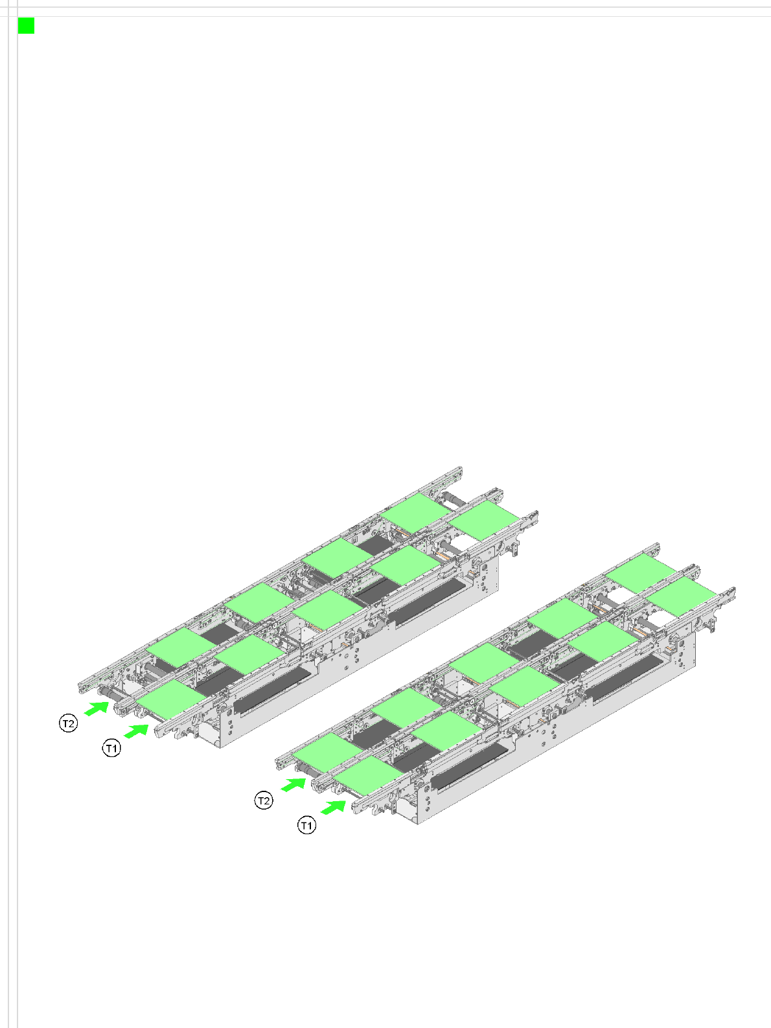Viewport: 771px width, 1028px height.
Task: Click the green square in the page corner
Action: [26, 26]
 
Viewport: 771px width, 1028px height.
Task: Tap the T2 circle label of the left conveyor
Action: [68, 723]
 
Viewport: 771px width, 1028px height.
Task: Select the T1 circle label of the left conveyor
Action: [111, 748]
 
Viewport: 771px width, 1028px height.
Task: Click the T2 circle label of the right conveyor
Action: [264, 800]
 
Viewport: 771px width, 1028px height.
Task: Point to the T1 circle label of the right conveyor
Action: [306, 825]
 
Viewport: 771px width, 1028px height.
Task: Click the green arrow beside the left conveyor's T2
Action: [97, 708]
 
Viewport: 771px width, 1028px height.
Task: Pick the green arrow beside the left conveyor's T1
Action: [136, 730]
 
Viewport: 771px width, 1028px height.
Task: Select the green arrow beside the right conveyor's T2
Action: [293, 785]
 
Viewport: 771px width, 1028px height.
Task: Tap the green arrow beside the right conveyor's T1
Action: [333, 808]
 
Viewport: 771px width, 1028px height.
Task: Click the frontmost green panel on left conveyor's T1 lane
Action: [172, 699]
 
